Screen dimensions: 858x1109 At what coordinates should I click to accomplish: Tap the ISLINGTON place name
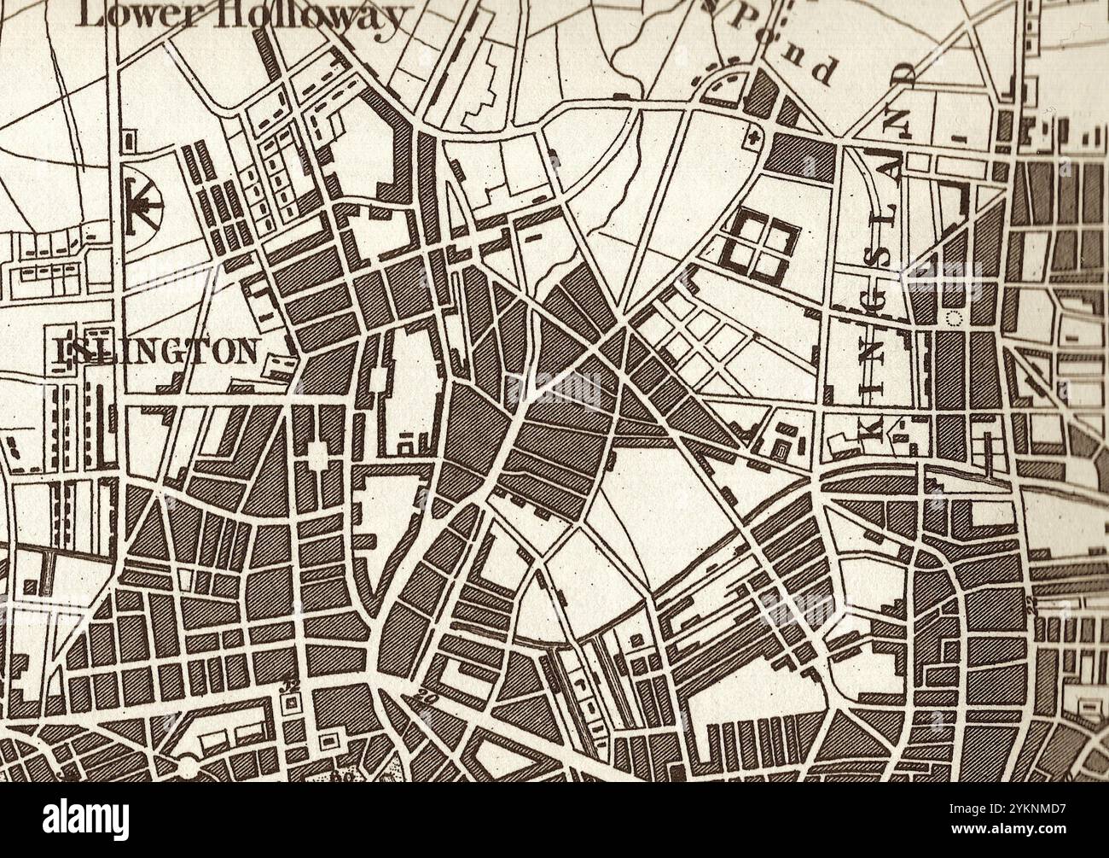(158, 350)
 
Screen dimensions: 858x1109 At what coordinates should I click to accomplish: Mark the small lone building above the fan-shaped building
(129, 137)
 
